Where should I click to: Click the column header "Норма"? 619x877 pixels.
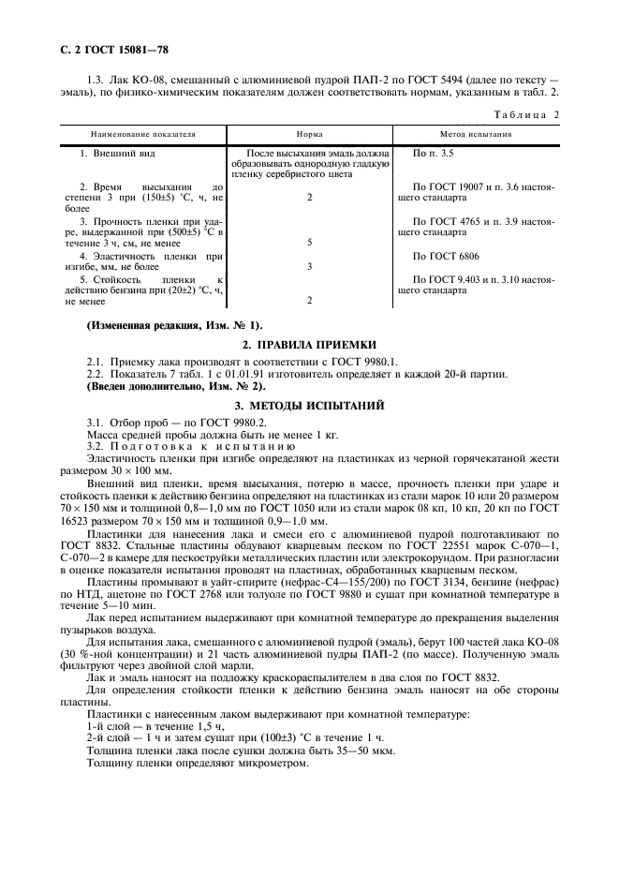(x=309, y=134)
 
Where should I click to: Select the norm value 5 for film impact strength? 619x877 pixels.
(x=309, y=243)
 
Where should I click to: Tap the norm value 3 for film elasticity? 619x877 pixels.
(x=309, y=267)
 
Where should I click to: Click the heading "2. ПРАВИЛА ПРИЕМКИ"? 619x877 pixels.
(x=309, y=345)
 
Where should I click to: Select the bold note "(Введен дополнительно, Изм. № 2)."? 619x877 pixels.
(x=176, y=386)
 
